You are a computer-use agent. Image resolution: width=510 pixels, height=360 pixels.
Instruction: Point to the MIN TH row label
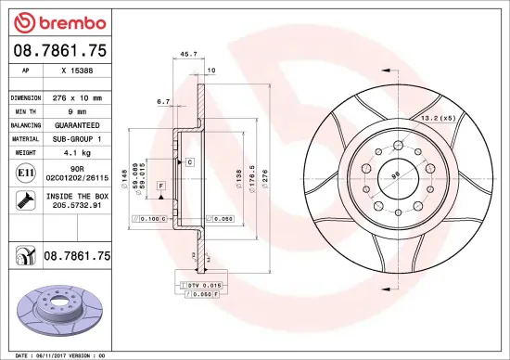point(23,110)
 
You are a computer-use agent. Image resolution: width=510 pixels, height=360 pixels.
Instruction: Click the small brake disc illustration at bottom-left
point(57,307)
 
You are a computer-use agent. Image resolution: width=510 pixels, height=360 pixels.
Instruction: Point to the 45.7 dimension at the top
point(189,55)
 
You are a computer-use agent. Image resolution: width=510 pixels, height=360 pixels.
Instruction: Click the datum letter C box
point(189,161)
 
